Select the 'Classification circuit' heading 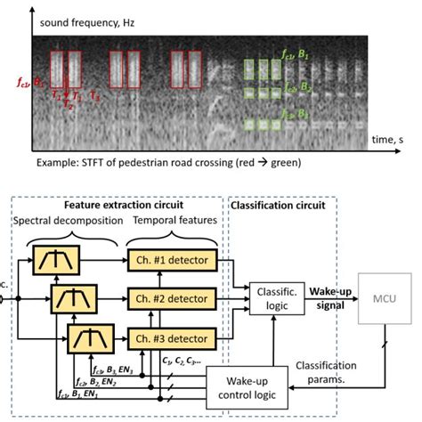click(277, 205)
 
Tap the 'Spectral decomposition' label click(68, 221)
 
